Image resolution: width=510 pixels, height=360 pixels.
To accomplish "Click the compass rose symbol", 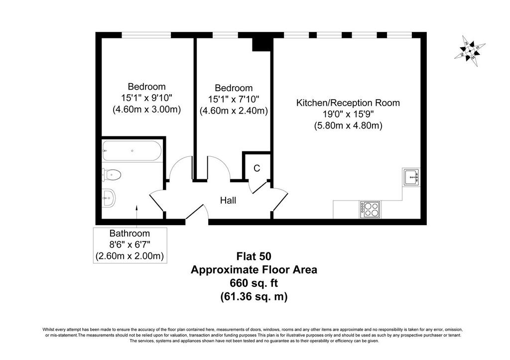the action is click(470, 51).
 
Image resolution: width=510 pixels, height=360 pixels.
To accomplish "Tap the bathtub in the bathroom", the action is click(131, 151).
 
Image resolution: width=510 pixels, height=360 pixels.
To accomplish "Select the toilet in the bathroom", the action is click(112, 175).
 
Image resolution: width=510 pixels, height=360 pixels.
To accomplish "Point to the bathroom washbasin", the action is click(109, 198).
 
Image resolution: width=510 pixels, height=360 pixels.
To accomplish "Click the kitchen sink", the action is click(411, 177).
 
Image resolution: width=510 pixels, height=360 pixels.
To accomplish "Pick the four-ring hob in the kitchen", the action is click(370, 210).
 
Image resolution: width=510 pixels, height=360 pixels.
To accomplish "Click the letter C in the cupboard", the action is click(256, 168).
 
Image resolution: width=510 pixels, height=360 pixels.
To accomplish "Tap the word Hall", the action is click(228, 200).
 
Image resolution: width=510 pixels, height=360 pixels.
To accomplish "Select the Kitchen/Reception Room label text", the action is click(348, 103).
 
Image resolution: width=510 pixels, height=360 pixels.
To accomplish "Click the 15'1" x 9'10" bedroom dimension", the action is click(147, 98).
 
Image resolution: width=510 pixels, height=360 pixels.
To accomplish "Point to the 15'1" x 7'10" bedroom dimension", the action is click(234, 99).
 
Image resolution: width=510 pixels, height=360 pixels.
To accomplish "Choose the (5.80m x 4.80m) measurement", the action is click(348, 125).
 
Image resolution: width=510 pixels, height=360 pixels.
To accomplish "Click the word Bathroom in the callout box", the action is click(129, 233).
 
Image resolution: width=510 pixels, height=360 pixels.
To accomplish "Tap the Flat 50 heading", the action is click(254, 256).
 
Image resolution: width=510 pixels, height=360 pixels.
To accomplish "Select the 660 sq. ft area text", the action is click(254, 283).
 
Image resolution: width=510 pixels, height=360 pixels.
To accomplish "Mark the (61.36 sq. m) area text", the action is click(254, 297).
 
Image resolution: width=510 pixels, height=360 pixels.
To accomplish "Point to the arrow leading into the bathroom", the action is click(136, 216).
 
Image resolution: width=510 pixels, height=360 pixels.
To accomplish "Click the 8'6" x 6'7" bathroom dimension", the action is click(130, 244).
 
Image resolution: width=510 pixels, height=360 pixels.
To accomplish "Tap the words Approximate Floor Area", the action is click(254, 270).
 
